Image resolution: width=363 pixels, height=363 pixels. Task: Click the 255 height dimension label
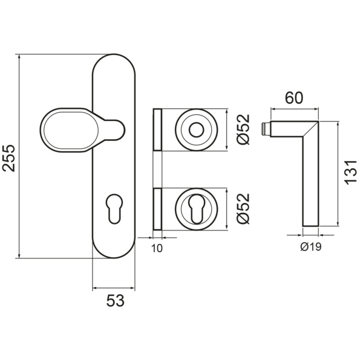[9, 159]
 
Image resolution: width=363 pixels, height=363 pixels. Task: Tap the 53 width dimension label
[116, 301]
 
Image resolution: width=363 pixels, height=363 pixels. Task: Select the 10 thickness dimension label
[157, 249]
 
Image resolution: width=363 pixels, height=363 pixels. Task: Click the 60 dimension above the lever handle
[294, 98]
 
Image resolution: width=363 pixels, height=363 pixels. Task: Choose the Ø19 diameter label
[311, 247]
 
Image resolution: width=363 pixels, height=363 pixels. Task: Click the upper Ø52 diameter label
[244, 129]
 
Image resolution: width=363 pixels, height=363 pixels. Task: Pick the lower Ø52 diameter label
[244, 209]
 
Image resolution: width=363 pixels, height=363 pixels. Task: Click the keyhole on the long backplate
[114, 208]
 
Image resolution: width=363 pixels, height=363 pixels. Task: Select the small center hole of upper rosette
[196, 130]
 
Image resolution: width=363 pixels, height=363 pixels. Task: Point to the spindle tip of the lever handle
[266, 129]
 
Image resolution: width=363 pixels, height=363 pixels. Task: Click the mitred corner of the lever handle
[311, 129]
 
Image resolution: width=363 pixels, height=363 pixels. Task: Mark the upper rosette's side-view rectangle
[157, 130]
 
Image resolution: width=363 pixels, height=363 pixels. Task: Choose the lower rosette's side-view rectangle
[157, 209]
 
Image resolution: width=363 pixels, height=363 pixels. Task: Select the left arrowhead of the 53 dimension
[96, 289]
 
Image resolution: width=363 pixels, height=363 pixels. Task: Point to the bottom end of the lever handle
[311, 226]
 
